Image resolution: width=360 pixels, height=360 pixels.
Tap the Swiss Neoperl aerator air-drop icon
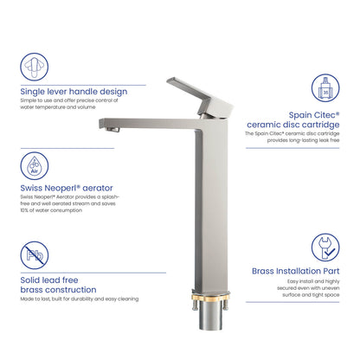pyautogui.click(x=35, y=165)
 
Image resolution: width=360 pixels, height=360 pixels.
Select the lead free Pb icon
pyautogui.click(x=35, y=255)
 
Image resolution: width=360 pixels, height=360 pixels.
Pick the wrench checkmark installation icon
pyautogui.click(x=325, y=248)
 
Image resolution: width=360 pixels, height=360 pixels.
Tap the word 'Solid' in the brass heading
pyautogui.click(x=32, y=280)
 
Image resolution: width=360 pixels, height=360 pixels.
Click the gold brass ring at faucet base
pyautogui.click(x=209, y=303)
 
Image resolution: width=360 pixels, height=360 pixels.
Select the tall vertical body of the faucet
pyautogui.click(x=209, y=208)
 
